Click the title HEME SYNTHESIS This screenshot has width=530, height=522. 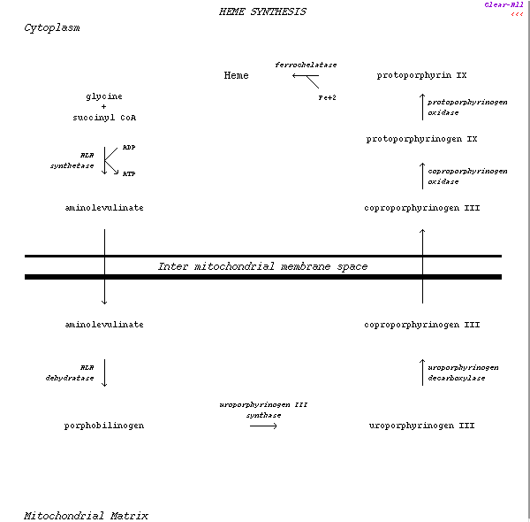(x=262, y=12)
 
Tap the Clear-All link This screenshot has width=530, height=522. (x=503, y=4)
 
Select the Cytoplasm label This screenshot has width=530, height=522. (x=51, y=27)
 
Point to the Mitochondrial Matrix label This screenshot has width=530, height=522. (x=86, y=516)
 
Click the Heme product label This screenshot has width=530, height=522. (x=236, y=75)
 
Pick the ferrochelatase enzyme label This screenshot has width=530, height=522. (x=306, y=65)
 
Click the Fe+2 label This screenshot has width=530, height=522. (x=328, y=97)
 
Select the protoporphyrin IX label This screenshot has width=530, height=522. (x=421, y=75)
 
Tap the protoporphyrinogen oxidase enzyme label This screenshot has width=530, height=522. (x=467, y=107)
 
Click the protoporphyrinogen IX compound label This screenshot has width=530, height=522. (x=421, y=139)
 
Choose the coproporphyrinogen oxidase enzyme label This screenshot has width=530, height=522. (x=467, y=176)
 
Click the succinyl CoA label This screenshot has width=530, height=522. (x=104, y=118)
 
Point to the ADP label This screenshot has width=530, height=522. (x=129, y=147)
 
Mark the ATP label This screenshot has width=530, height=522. (x=129, y=173)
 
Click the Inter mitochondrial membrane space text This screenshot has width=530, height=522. (x=262, y=266)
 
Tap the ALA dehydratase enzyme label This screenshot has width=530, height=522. (x=70, y=372)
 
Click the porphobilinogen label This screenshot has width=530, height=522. (x=104, y=426)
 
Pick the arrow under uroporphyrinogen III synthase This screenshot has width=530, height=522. (x=263, y=426)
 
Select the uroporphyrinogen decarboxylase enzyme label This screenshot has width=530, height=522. (x=463, y=372)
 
